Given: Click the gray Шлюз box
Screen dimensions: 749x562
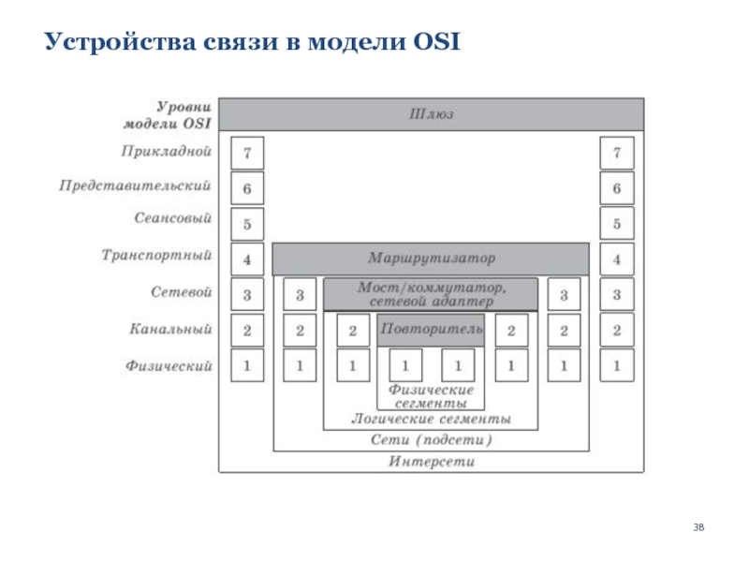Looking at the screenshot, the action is point(431,114).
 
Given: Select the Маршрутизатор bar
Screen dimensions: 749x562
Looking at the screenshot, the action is point(431,258).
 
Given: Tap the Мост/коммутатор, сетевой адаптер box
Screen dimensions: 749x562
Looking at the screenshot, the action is point(431,294).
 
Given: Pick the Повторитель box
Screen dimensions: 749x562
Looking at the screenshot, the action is point(431,330).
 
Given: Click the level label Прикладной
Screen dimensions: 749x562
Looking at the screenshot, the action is point(167,150).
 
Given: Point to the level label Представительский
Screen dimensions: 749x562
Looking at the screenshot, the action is point(135,185).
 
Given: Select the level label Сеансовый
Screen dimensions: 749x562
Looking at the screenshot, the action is point(172,219).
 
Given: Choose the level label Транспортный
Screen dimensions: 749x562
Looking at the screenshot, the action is point(156,255).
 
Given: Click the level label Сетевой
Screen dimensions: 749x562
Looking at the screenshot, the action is point(182,292).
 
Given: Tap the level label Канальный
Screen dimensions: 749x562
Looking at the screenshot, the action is point(170,329).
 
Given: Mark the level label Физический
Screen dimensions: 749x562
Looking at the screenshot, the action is point(169,365).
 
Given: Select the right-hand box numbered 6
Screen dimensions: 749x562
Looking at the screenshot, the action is point(617,188).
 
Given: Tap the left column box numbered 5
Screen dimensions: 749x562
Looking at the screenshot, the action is point(247,225).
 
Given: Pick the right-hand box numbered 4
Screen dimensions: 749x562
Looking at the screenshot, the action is point(617,259).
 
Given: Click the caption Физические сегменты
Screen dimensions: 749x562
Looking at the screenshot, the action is point(431,395).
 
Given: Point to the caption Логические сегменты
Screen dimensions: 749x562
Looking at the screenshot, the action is point(431,419).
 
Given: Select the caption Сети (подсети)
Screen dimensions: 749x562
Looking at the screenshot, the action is point(431,440).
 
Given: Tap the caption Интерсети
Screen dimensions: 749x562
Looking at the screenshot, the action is point(431,462).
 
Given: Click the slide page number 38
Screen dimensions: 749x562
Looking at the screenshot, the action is point(698,529).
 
